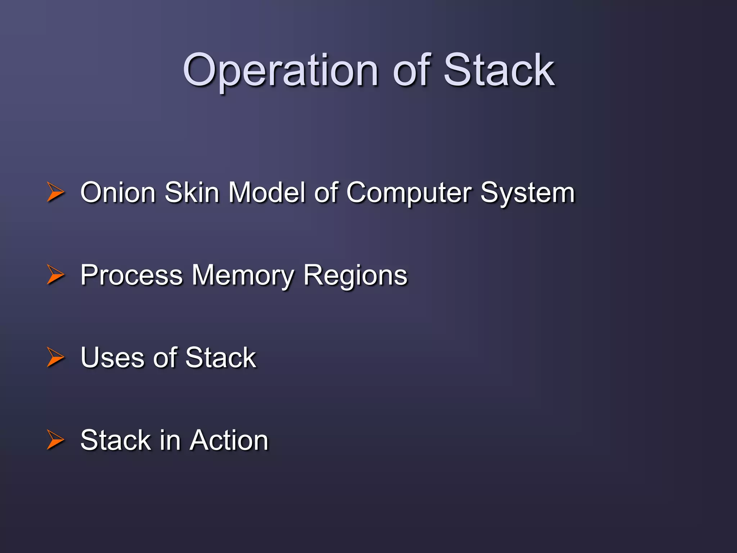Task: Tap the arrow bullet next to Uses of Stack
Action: pos(55,357)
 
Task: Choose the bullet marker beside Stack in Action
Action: pos(55,440)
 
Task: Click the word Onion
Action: pos(118,192)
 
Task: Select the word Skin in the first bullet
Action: pos(192,192)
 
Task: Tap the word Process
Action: pos(131,275)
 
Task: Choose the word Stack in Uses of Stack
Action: pos(221,358)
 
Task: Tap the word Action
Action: pos(229,440)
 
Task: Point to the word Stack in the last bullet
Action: pos(116,440)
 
